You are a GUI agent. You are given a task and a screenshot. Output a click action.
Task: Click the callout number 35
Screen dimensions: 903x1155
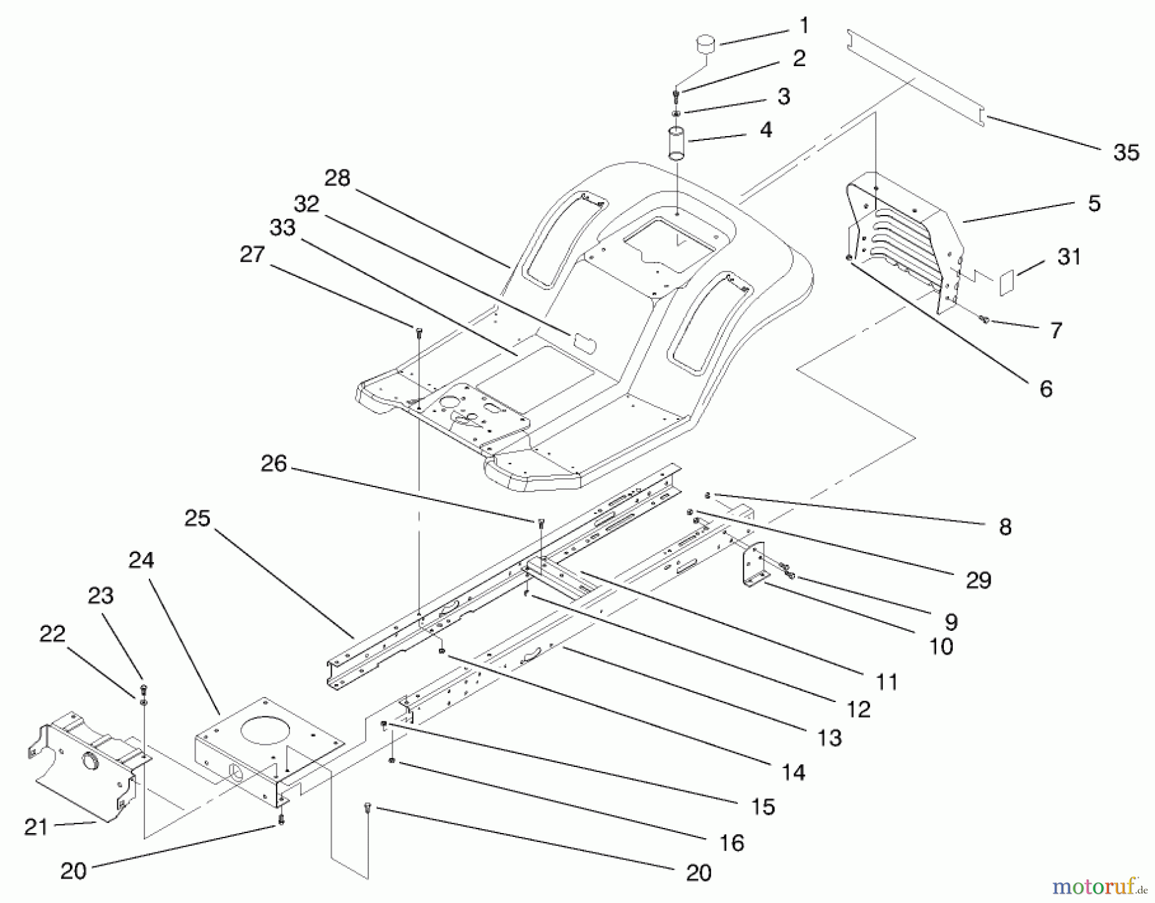[1126, 153]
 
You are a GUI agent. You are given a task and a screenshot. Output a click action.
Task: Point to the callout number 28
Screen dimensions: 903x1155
[338, 178]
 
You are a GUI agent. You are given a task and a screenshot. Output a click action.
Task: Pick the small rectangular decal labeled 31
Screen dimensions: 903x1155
[1006, 282]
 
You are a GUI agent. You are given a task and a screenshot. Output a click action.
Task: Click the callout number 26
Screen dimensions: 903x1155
[274, 463]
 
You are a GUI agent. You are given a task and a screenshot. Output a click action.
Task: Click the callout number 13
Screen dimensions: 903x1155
[830, 737]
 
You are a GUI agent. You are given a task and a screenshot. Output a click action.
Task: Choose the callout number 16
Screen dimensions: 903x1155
[732, 842]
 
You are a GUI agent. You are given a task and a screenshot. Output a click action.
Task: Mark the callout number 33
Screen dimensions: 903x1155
[283, 227]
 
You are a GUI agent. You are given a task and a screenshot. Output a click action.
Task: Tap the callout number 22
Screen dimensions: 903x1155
[53, 634]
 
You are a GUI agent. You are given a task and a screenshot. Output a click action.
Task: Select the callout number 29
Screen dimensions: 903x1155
[978, 580]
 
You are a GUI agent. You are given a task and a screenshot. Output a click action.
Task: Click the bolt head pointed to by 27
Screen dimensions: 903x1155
[418, 330]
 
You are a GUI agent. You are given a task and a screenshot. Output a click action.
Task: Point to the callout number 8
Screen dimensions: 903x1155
[1005, 527]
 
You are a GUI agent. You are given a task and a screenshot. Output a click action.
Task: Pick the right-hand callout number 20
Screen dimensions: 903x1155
[699, 873]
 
